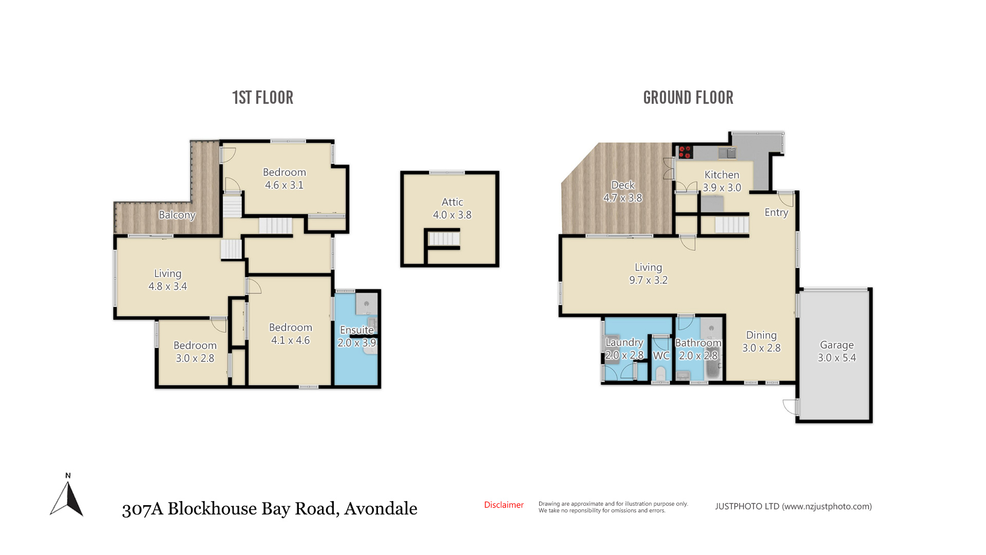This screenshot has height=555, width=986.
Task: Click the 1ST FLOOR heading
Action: coord(262,98)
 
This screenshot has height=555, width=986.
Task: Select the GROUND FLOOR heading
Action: coord(688,98)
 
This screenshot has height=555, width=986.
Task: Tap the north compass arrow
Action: coord(67,497)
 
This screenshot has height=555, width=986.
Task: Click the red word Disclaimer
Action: coord(504,505)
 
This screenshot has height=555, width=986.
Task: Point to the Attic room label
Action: coord(452,202)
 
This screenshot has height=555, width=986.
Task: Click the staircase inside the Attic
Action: coord(444,239)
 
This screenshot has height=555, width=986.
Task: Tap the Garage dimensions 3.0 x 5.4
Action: coord(837,358)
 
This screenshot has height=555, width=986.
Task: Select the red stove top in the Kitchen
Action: coord(685,152)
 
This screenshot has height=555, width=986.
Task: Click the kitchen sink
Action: coord(727,153)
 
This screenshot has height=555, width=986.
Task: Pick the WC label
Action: coord(661,356)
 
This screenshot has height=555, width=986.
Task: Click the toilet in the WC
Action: coord(660,374)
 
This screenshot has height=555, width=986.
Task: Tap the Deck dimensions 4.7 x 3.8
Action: coord(623,198)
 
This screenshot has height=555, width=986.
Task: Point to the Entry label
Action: coord(776,213)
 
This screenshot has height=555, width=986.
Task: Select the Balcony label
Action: coord(177,215)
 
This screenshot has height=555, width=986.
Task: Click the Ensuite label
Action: coord(357,330)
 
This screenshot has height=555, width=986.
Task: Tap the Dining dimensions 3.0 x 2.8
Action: coord(762,348)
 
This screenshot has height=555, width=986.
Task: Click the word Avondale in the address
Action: coord(381,509)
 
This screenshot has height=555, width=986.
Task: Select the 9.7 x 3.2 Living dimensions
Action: coord(649,280)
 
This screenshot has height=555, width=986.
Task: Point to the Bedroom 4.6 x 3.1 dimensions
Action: coord(285,185)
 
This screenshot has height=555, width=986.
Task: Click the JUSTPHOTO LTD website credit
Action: coord(793,507)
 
